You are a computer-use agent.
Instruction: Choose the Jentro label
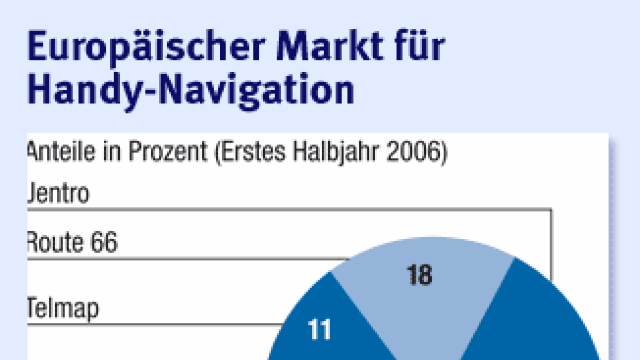(x=58, y=194)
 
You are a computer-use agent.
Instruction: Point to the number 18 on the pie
(x=420, y=276)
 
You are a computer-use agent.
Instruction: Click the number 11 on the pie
(x=321, y=331)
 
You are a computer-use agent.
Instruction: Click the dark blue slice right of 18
(x=532, y=320)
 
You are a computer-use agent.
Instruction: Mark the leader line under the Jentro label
(x=289, y=209)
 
